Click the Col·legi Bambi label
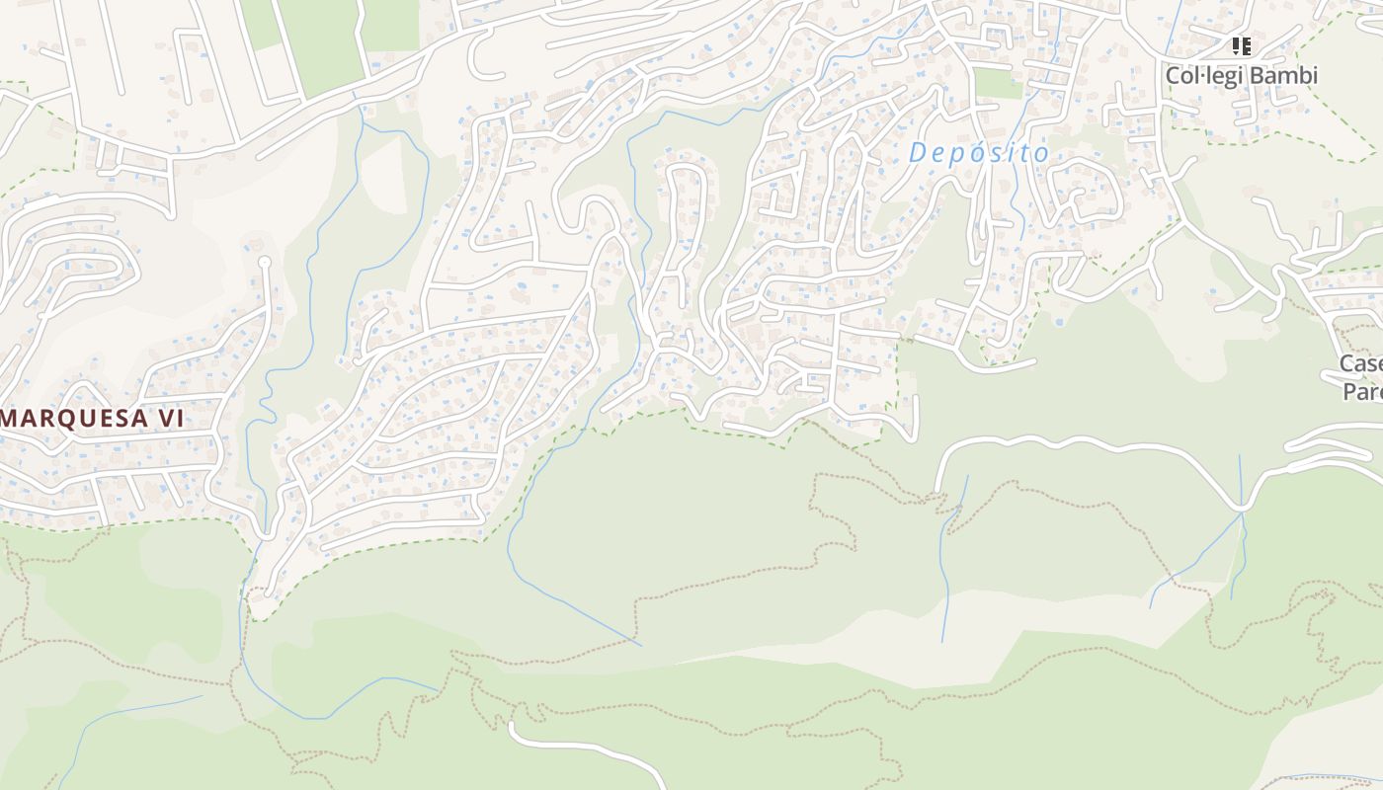coord(1241,76)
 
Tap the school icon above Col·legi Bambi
coord(1242,45)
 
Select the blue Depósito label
coord(978,153)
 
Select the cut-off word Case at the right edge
coord(1361,364)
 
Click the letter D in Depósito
coord(919,153)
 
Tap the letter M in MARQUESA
coord(13,419)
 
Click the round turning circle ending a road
coord(264,262)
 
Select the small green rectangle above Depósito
coord(998,83)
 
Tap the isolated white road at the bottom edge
coord(573,747)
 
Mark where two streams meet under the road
coord(1241,512)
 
